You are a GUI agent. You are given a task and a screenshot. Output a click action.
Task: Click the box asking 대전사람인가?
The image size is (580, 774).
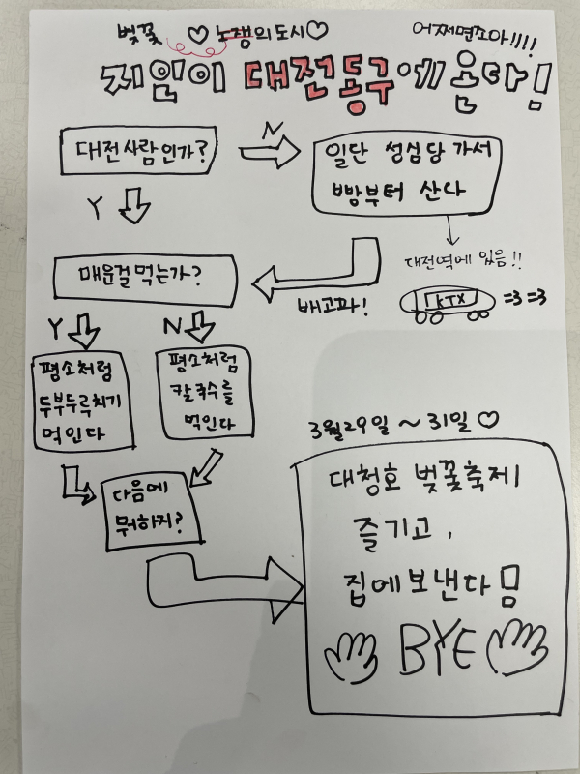pos(134,151)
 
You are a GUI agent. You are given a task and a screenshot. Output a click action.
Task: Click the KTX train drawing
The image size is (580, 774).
pos(448,303)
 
